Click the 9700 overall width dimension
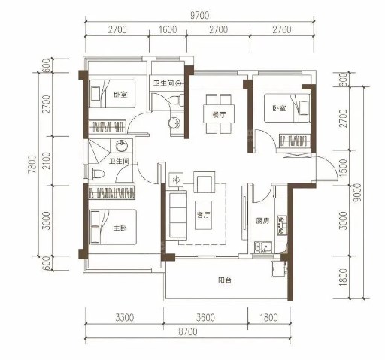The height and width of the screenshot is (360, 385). pyautogui.click(x=199, y=16)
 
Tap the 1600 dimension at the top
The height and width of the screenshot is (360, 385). pyautogui.click(x=168, y=29)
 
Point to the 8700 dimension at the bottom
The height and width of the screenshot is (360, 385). pyautogui.click(x=188, y=331)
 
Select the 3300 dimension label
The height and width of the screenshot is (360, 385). pyautogui.click(x=125, y=318)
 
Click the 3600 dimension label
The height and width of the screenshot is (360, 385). pyautogui.click(x=205, y=318)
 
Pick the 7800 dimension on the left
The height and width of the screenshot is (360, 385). pyautogui.click(x=32, y=165)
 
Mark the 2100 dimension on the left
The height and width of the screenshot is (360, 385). pyautogui.click(x=47, y=161)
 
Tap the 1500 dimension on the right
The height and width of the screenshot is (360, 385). pyautogui.click(x=344, y=168)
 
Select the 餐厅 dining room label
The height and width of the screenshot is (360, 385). pyautogui.click(x=219, y=115)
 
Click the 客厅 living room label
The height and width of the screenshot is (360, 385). pyautogui.click(x=203, y=215)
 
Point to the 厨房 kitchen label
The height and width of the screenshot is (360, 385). pyautogui.click(x=263, y=221)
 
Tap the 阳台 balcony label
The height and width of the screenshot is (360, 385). pyautogui.click(x=225, y=280)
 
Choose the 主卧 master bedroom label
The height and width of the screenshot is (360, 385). pyautogui.click(x=120, y=228)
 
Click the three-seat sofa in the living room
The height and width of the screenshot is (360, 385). pyautogui.click(x=177, y=215)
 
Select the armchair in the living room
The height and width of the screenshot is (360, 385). pyautogui.click(x=205, y=182)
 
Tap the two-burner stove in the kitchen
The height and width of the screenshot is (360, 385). pyautogui.click(x=282, y=225)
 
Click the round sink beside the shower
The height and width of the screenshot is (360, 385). pyautogui.click(x=122, y=146)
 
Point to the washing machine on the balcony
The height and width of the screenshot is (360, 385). pyautogui.click(x=277, y=269)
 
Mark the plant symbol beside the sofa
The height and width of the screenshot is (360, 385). pyautogui.click(x=177, y=180)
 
